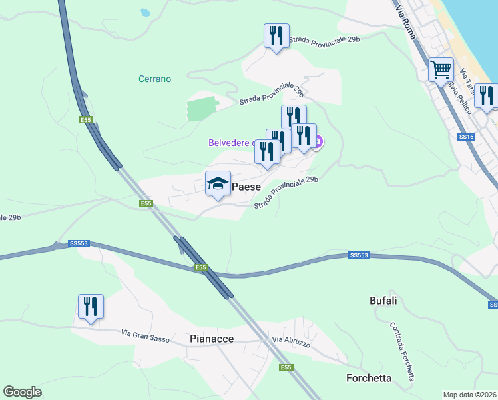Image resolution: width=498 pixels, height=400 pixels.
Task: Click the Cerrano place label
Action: tap(154, 79)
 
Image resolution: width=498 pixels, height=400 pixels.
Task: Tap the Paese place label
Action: tap(246, 187)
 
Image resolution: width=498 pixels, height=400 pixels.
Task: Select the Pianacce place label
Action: tap(212, 339)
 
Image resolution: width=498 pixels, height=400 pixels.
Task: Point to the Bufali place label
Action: tap(383, 301)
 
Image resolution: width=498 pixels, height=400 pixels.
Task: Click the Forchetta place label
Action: tap(368, 378)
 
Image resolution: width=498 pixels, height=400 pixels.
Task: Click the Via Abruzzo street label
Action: tap(291, 341)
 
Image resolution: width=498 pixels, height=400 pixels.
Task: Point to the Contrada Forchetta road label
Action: tap(403, 352)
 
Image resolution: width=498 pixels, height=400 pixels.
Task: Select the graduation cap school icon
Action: tap(218, 183)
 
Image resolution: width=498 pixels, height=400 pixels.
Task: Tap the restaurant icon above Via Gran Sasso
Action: tap(91, 307)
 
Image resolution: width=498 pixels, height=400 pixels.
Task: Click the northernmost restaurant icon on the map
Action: tap(276, 36)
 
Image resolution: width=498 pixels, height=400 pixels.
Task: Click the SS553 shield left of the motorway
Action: tap(79, 244)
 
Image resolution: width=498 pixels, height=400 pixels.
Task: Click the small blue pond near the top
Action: tap(144, 12)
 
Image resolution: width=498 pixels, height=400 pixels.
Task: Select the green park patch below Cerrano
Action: tap(202, 109)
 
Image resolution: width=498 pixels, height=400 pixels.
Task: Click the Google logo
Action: tap(22, 392)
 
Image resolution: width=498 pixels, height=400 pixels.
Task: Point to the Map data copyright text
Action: tap(469, 394)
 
